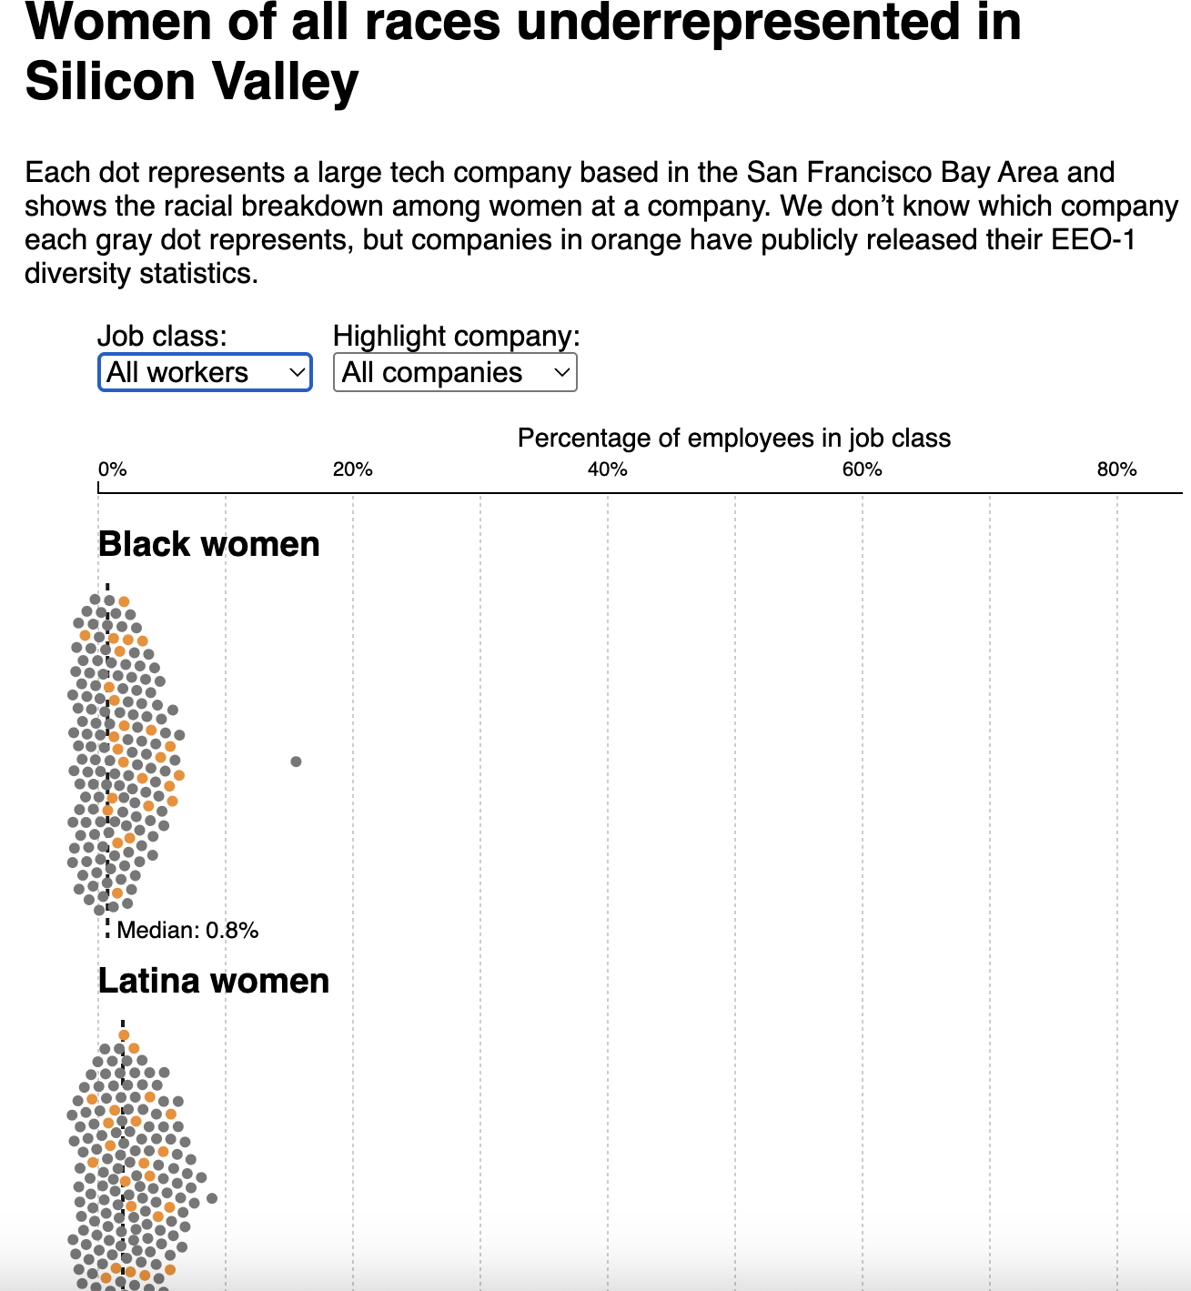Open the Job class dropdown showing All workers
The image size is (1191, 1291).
pyautogui.click(x=205, y=373)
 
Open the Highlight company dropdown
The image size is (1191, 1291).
pyautogui.click(x=455, y=373)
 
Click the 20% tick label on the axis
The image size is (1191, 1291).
pyautogui.click(x=352, y=469)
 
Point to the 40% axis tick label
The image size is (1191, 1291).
pyautogui.click(x=607, y=469)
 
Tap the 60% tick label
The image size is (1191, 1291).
pyautogui.click(x=862, y=469)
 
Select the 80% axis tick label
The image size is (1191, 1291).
pyautogui.click(x=1116, y=469)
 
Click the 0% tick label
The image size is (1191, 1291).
pyautogui.click(x=112, y=469)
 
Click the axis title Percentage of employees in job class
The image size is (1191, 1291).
pyautogui.click(x=733, y=439)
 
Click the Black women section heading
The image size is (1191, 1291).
pyautogui.click(x=208, y=544)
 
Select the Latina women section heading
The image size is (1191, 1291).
pyautogui.click(x=213, y=981)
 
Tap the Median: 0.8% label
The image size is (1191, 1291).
pyautogui.click(x=187, y=930)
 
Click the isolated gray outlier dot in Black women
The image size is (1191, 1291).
pyautogui.click(x=296, y=761)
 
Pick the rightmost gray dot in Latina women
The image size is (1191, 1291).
pyautogui.click(x=212, y=1198)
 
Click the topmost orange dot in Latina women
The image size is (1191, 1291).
pyautogui.click(x=124, y=1035)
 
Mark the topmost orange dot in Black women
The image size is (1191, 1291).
pyautogui.click(x=124, y=601)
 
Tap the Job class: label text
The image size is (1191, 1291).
pyautogui.click(x=162, y=337)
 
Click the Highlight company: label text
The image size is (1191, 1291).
pyautogui.click(x=456, y=337)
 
